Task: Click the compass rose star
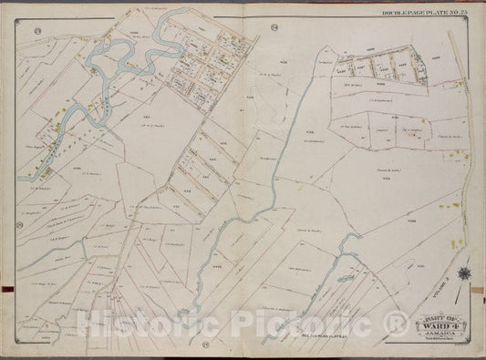[x=464, y=272]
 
